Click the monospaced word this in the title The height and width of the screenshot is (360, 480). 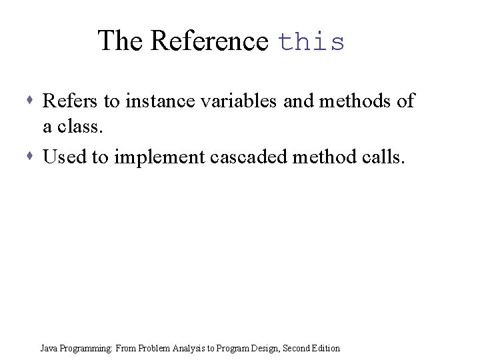312,42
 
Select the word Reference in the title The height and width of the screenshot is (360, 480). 209,41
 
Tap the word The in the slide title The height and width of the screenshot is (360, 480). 121,41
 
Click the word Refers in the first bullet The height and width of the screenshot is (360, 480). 70,101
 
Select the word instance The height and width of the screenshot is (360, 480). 157,101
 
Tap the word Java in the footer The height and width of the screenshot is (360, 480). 48,348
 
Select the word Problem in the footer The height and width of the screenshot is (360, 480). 153,348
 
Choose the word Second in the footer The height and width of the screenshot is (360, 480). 297,348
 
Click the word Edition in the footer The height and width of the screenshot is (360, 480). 326,348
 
